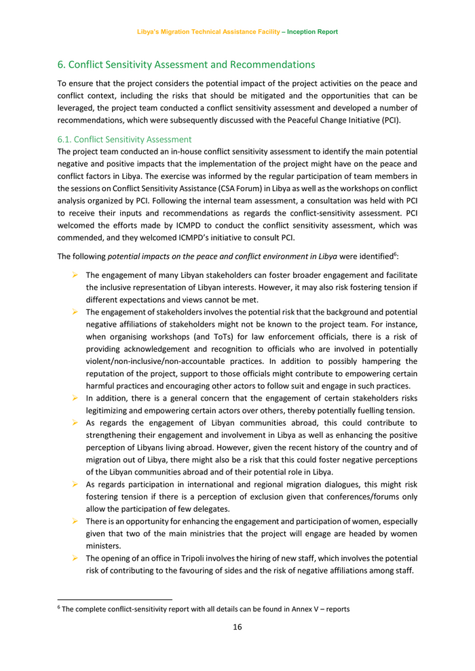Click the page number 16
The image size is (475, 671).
[237, 627]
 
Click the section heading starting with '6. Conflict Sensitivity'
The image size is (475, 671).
[186, 65]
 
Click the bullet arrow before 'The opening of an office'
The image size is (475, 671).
[75, 558]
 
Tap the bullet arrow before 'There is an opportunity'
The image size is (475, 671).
[75, 521]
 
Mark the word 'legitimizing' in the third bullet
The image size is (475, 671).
[110, 411]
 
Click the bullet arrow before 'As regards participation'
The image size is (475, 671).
[75, 485]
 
